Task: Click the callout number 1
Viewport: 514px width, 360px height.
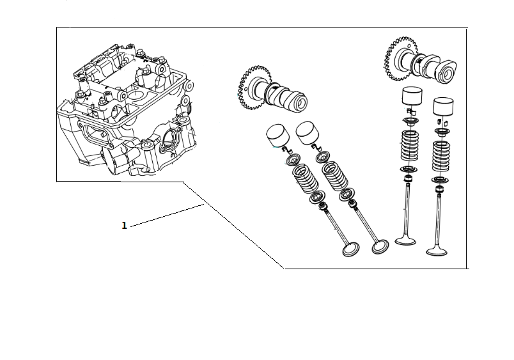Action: point(124,225)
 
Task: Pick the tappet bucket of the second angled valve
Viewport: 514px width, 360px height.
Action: point(309,133)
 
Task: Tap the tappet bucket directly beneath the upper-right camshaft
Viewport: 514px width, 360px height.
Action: point(412,97)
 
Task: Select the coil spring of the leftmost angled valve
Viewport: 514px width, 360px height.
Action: point(305,178)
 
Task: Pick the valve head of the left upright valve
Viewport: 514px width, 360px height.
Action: point(405,241)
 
